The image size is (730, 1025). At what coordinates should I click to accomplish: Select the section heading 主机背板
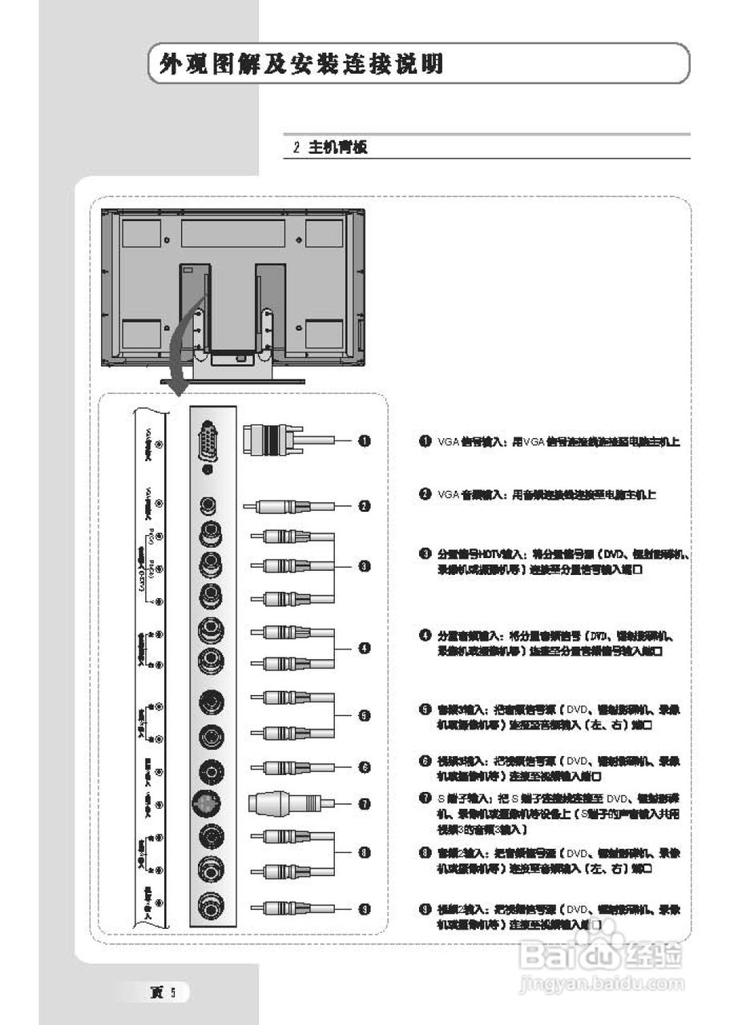pyautogui.click(x=337, y=148)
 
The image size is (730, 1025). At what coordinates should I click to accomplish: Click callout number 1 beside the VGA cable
pyautogui.click(x=364, y=440)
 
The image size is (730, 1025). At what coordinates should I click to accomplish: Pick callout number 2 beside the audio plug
pyautogui.click(x=364, y=506)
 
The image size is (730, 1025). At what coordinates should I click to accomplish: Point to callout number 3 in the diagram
pyautogui.click(x=364, y=566)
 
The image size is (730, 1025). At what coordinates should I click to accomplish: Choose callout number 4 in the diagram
pyautogui.click(x=364, y=648)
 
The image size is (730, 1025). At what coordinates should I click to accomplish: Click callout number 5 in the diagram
pyautogui.click(x=364, y=715)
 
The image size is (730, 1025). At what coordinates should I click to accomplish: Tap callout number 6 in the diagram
pyautogui.click(x=364, y=767)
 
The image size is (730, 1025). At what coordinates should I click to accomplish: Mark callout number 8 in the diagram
pyautogui.click(x=364, y=853)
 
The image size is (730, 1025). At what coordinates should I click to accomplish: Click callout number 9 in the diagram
pyautogui.click(x=364, y=908)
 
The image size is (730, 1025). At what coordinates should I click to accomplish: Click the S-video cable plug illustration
pyautogui.click(x=276, y=803)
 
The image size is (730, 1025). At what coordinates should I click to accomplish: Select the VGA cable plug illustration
pyautogui.click(x=272, y=440)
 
